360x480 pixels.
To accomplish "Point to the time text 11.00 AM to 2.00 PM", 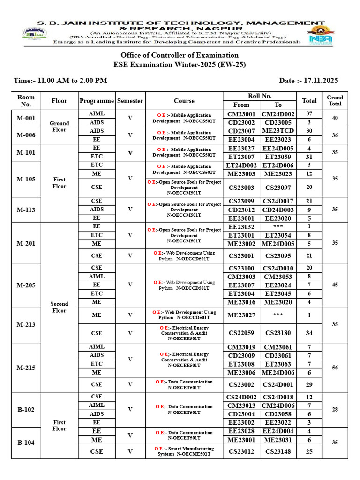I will [67, 81].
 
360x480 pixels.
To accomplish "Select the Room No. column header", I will [26, 101].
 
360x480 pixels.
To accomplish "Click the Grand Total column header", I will [335, 101].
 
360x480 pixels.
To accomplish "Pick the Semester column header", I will [130, 101].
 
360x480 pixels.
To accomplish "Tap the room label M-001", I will [26, 118].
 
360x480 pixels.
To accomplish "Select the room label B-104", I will [26, 442].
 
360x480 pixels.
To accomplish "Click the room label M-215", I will [26, 368].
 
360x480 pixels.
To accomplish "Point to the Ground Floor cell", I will [60, 127].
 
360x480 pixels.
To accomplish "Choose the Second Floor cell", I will [60, 307].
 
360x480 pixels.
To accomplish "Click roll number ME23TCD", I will [278, 131].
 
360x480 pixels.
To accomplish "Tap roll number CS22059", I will [241, 333].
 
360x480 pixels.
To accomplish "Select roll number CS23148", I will [278, 451].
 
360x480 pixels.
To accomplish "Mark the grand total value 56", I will [335, 368].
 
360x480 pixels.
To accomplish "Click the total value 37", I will [309, 114].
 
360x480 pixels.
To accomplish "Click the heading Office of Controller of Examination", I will [180, 55].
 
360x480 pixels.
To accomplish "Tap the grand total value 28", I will [335, 410].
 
